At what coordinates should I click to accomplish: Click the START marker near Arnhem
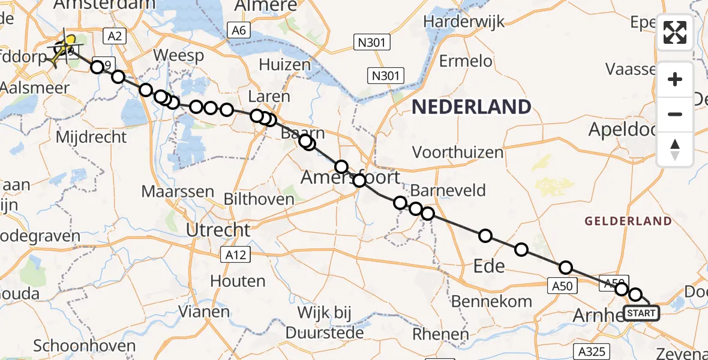(641, 313)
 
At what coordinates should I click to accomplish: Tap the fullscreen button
(675, 32)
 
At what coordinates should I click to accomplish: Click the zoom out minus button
(675, 114)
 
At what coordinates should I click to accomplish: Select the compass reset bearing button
(675, 149)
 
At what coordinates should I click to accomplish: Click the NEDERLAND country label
(471, 107)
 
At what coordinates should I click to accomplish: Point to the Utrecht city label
(218, 229)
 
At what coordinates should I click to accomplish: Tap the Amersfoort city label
(350, 178)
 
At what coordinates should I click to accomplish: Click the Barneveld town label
(448, 191)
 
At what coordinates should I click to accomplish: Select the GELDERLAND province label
(629, 221)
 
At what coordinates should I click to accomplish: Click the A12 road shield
(235, 256)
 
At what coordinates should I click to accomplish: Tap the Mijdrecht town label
(91, 137)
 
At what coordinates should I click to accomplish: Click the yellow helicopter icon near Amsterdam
(64, 47)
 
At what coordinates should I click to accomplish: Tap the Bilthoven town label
(259, 198)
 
